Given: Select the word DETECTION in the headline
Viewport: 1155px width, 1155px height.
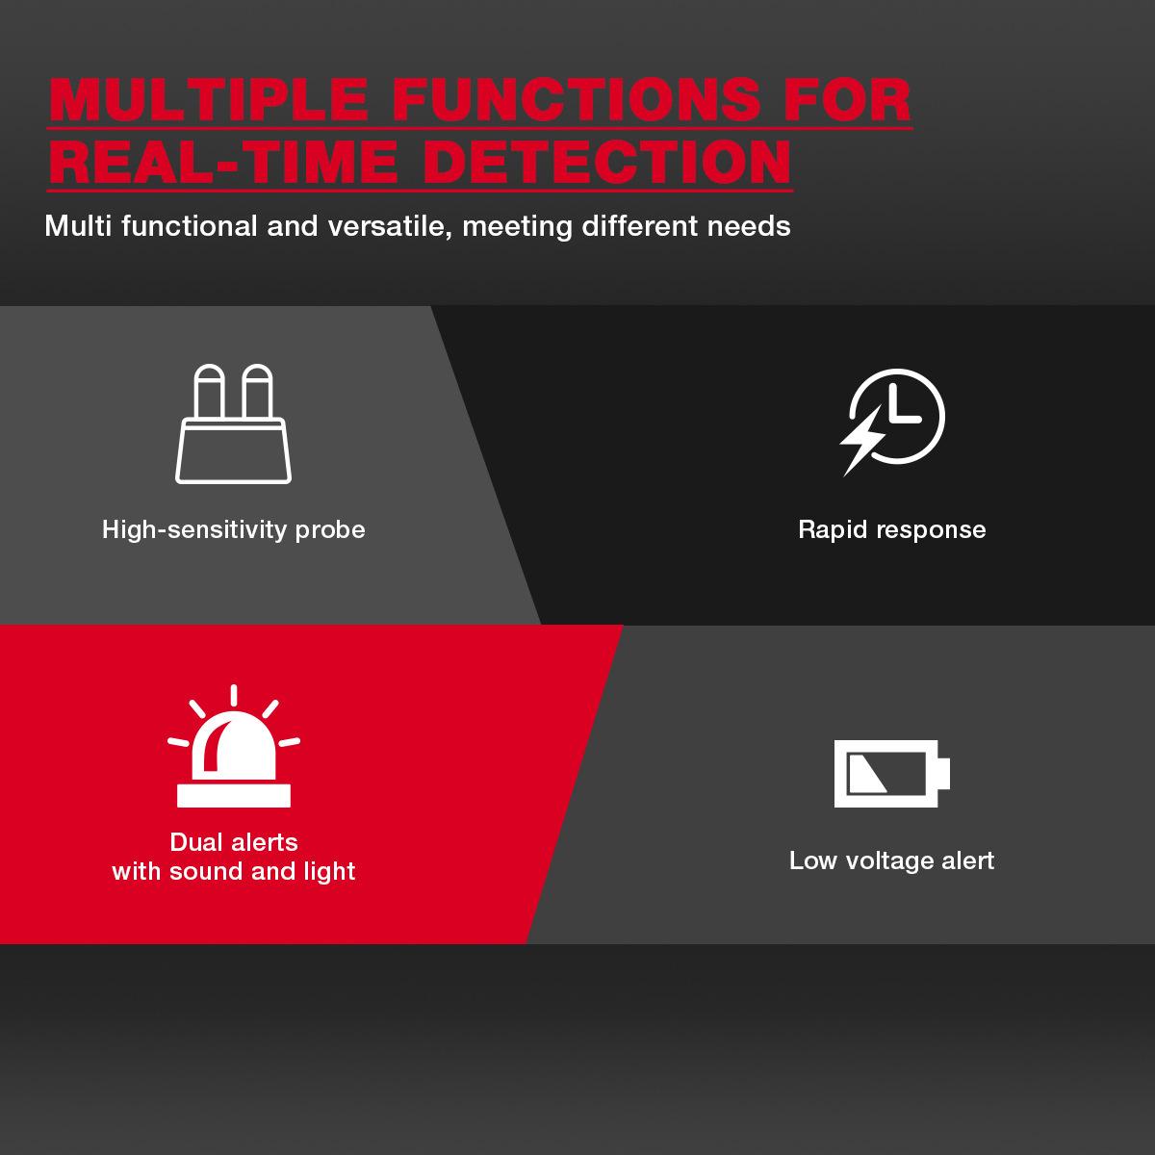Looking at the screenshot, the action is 607,162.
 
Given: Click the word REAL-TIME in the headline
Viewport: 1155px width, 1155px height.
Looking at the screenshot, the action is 223,162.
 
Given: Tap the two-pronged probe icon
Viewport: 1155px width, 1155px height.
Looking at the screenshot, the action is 233,423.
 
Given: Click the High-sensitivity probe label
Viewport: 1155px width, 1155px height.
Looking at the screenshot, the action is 233,530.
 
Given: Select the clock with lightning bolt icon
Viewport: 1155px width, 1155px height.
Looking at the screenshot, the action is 892,423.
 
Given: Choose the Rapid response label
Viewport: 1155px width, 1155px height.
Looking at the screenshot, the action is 892,529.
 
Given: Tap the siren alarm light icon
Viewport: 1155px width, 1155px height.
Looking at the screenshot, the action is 234,746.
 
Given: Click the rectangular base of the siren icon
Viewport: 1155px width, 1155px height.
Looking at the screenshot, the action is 234,795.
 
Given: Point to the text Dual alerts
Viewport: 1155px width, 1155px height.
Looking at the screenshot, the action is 234,842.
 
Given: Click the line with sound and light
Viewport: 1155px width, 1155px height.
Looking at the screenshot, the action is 234,871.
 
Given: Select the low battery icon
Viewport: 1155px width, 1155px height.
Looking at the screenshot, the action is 892,773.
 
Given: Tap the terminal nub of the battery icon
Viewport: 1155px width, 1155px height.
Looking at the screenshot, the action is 944,774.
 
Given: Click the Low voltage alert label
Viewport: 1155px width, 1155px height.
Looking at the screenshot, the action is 892,860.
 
